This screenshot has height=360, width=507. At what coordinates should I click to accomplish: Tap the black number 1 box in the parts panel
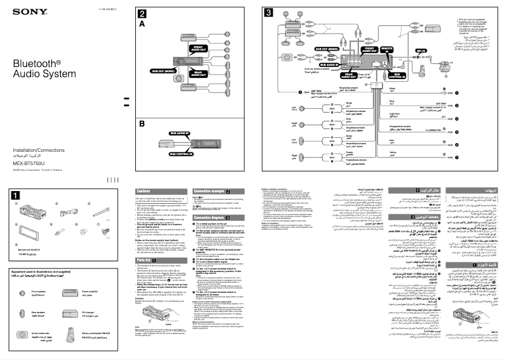point(15,196)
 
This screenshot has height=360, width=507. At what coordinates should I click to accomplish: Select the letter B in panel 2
point(142,124)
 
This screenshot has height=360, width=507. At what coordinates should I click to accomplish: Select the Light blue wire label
point(394,115)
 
